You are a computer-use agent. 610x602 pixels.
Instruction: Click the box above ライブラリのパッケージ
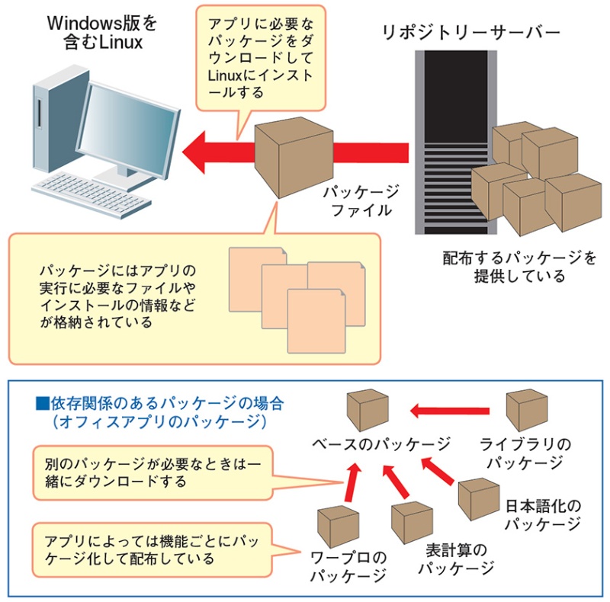pos(528,410)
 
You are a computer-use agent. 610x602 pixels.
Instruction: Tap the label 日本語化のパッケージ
pos(544,515)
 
